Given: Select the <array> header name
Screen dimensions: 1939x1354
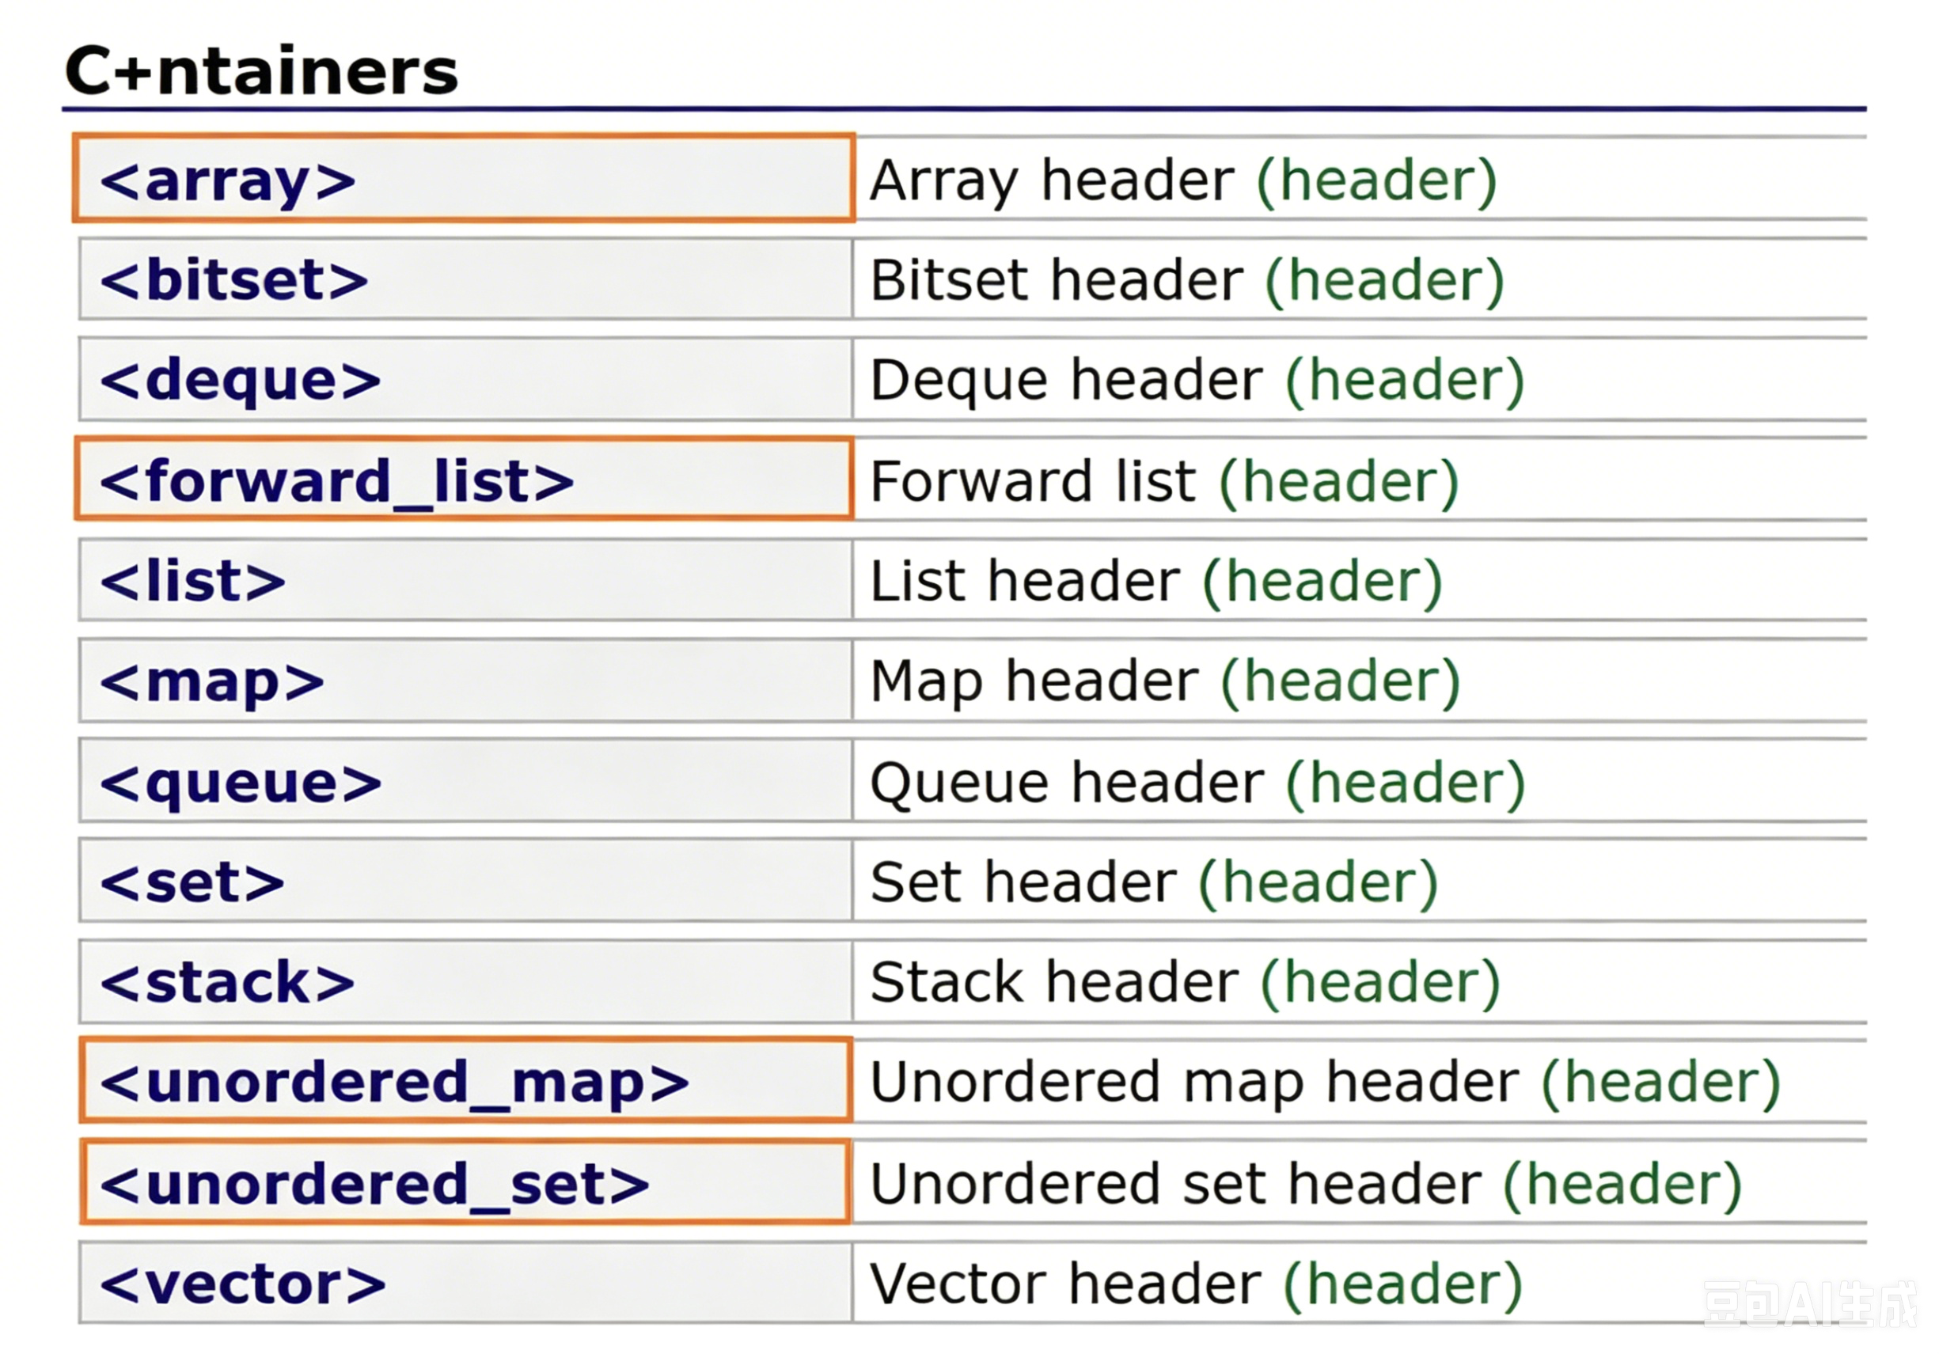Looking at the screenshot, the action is pos(228,180).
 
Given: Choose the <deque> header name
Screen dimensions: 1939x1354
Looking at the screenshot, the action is pos(241,380).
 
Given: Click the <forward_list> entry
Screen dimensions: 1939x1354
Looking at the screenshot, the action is pos(337,481).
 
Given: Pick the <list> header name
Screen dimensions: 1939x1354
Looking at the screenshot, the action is pos(192,581).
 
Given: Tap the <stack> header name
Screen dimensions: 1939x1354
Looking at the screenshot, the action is pos(227,983).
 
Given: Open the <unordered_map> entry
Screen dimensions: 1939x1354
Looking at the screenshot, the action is pos(394,1083).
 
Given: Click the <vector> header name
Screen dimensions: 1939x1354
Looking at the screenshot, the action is pos(243,1284).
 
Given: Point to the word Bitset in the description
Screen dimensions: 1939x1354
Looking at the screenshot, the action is pos(950,279).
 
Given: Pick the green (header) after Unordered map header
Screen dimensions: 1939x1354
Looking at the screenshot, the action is pos(1661,1083).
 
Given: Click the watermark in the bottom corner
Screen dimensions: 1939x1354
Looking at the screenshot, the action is pos(1809,1304).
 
